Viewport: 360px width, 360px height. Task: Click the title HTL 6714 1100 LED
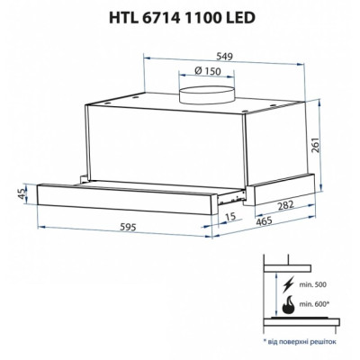pyautogui.click(x=179, y=16)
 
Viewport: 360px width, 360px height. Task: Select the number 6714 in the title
pyautogui.click(x=159, y=16)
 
